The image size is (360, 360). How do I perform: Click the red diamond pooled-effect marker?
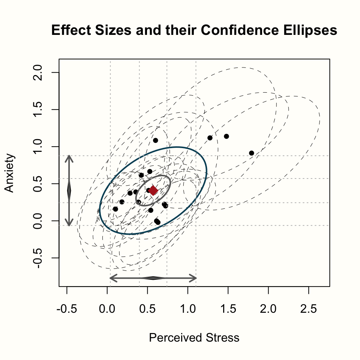pyautogui.click(x=153, y=191)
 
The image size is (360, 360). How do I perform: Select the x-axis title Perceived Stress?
pyautogui.click(x=194, y=338)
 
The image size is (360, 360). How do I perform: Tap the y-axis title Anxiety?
pyautogui.click(x=9, y=173)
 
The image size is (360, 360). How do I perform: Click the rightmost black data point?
pyautogui.click(x=252, y=153)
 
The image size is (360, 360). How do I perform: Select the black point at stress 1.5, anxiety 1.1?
pyautogui.click(x=226, y=136)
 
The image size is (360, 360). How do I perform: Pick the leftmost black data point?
pyautogui.click(x=115, y=209)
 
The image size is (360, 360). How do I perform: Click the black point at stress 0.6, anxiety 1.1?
pyautogui.click(x=156, y=140)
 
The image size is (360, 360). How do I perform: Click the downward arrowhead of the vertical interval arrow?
pyautogui.click(x=69, y=224)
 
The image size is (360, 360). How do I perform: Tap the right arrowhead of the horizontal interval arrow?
pyautogui.click(x=193, y=278)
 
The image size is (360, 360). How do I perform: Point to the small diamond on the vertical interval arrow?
pyautogui.click(x=69, y=190)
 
